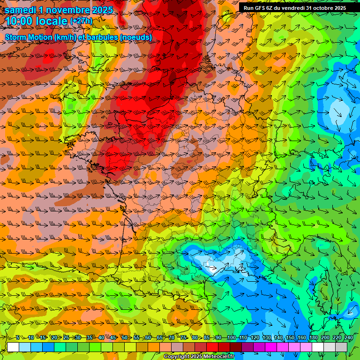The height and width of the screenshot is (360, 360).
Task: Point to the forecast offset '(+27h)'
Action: click(81, 21)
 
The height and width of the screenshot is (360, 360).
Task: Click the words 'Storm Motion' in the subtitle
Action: click(29, 37)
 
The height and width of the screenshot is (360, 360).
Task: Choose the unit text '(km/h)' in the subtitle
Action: click(67, 37)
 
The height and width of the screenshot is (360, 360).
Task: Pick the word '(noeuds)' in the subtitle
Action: click(135, 37)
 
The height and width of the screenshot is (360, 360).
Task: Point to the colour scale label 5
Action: click(17, 337)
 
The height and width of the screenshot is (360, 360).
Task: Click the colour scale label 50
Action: click(125, 337)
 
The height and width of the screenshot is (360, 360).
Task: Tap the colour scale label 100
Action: click(232, 337)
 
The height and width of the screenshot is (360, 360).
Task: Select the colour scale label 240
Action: click(348, 337)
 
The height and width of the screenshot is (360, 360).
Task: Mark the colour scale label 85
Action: click(207, 337)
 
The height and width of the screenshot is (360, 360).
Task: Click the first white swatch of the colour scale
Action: click(13, 347)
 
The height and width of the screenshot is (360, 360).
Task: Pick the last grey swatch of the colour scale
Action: click(341, 347)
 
